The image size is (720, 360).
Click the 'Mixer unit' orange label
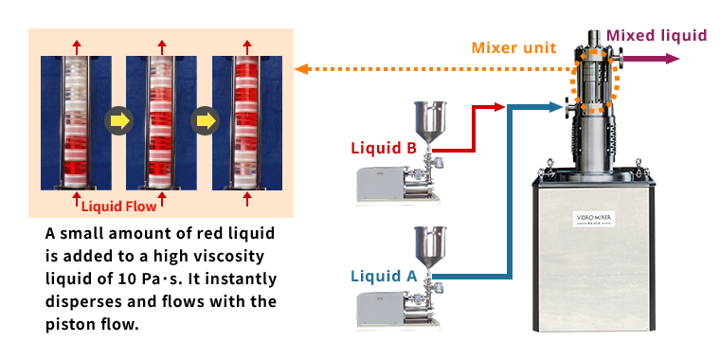513,47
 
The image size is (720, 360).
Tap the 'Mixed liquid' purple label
657,35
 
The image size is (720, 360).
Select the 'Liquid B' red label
384,148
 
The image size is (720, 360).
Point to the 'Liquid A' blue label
384,276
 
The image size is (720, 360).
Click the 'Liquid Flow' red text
119,207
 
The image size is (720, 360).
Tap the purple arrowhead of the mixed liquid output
673,59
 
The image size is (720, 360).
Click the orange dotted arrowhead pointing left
301,69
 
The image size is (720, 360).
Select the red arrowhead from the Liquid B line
499,107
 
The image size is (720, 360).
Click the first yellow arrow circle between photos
118,121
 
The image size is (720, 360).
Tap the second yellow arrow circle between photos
205,121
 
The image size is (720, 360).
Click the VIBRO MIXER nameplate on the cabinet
594,218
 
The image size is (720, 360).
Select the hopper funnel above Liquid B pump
430,122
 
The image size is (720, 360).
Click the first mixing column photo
76,122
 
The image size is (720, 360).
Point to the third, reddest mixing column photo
247,122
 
